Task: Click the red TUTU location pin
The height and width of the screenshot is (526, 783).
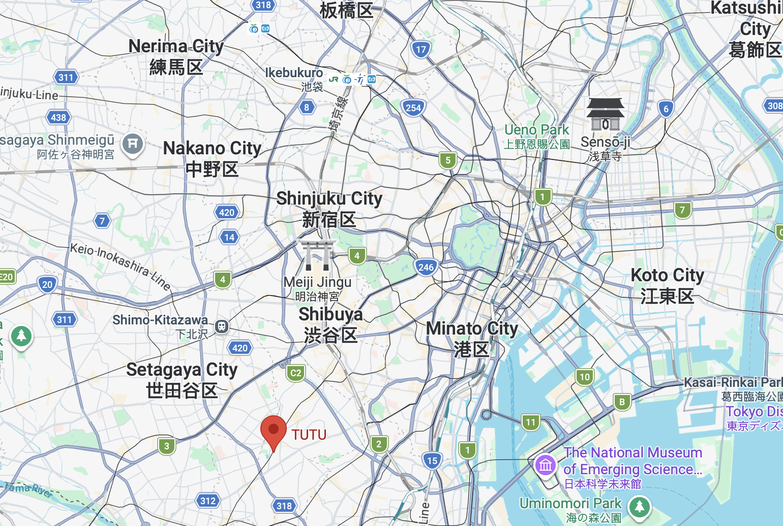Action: pyautogui.click(x=274, y=431)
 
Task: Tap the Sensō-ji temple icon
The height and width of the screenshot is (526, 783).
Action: pyautogui.click(x=605, y=114)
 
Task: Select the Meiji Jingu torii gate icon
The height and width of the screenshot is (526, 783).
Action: pyautogui.click(x=317, y=256)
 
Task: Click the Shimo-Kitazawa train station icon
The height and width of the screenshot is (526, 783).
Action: pyautogui.click(x=221, y=326)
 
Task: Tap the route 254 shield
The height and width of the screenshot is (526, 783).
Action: pyautogui.click(x=413, y=108)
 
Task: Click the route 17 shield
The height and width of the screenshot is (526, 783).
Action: pyautogui.click(x=420, y=50)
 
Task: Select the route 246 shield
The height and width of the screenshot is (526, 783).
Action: pyautogui.click(x=426, y=267)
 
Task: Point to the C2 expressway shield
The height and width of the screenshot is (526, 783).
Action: pyautogui.click(x=295, y=373)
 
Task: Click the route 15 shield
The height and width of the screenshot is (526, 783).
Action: pyautogui.click(x=432, y=461)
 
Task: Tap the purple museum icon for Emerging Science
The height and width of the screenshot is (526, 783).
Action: pyautogui.click(x=546, y=465)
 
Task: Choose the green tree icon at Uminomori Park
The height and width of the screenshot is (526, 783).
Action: pyautogui.click(x=640, y=507)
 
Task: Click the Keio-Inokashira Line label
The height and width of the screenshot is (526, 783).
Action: pyautogui.click(x=120, y=266)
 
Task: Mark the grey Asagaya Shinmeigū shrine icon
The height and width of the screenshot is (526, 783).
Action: pyautogui.click(x=133, y=144)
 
